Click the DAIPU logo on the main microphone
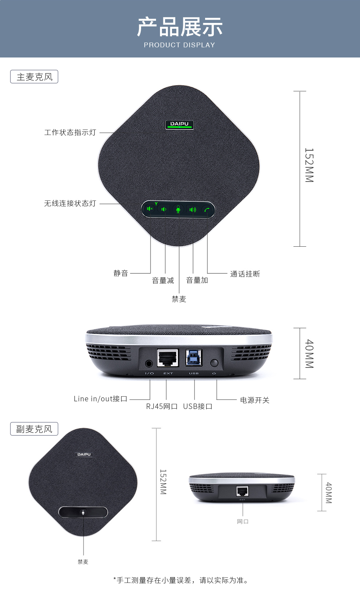179,124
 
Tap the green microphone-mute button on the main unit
178,209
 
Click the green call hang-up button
207,210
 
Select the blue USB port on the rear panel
194,357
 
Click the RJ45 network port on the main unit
168,358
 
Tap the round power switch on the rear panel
214,363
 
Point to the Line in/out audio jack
149,363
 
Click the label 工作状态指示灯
70,132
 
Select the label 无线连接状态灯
70,203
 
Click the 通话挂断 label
245,274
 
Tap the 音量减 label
163,281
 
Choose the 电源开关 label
255,400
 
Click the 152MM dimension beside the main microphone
309,165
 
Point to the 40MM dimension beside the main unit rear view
309,354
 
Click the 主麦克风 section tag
34,77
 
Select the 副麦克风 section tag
34,429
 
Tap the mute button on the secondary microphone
83,512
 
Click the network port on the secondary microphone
243,491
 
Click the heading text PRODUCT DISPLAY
180,45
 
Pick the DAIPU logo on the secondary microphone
84,454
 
